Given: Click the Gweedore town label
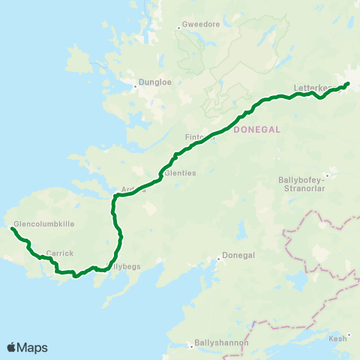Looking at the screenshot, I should pos(202,24).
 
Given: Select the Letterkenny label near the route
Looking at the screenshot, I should pos(312,88).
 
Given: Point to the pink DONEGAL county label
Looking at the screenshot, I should pos(256,129).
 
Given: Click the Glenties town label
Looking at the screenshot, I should pos(181,172).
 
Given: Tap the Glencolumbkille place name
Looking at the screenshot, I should pos(44,223).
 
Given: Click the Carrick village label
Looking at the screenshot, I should pos(59,253).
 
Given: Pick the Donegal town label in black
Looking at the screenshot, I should pos(239,255).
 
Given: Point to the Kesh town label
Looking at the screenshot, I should pos(339,338).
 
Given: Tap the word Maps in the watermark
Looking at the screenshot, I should pos(32,347).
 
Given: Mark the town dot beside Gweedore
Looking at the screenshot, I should pos(179,27).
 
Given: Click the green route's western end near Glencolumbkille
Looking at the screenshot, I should pos(13,229).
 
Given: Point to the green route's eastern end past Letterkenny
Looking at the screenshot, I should pos(349,83).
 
